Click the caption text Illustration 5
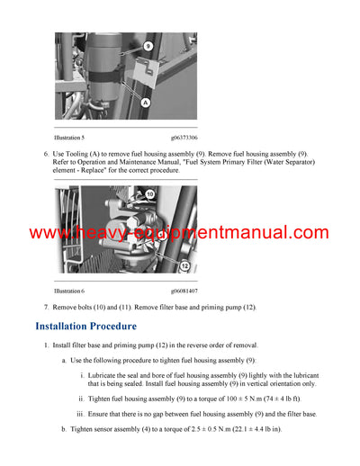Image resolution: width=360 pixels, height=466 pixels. pyautogui.click(x=69, y=137)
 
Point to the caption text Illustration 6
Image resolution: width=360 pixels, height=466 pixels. pyautogui.click(x=69, y=291)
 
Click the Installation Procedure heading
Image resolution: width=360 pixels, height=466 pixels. pyautogui.click(x=85, y=326)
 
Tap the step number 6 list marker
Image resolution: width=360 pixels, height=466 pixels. pyautogui.click(x=46, y=154)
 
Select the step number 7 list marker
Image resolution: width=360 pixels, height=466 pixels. pyautogui.click(x=46, y=308)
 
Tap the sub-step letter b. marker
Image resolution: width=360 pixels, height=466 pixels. pyautogui.click(x=64, y=429)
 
